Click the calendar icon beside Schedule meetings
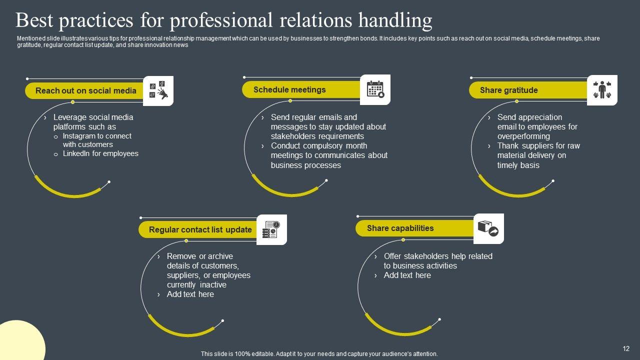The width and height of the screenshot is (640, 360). pyautogui.click(x=375, y=89)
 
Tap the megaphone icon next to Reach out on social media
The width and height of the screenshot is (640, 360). pyautogui.click(x=158, y=91)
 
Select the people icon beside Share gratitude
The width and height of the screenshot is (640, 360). pyautogui.click(x=602, y=90)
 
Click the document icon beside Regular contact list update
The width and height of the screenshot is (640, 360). pyautogui.click(x=271, y=229)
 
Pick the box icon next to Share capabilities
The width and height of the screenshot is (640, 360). pyautogui.click(x=488, y=228)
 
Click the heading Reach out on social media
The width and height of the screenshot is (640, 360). pyautogui.click(x=85, y=90)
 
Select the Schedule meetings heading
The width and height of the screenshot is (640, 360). pyautogui.click(x=289, y=89)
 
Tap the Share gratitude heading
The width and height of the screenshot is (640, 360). pyautogui.click(x=508, y=90)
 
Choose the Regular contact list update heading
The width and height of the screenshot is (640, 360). pyautogui.click(x=200, y=229)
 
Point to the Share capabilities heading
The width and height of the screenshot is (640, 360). pyautogui.click(x=400, y=228)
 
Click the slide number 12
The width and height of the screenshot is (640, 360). pyautogui.click(x=626, y=348)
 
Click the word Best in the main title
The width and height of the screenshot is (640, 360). pyautogui.click(x=34, y=20)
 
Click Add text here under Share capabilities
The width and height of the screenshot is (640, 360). pyautogui.click(x=407, y=275)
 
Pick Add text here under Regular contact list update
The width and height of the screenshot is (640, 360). pyautogui.click(x=190, y=294)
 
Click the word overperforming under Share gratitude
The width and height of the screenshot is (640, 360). pyautogui.click(x=523, y=136)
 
